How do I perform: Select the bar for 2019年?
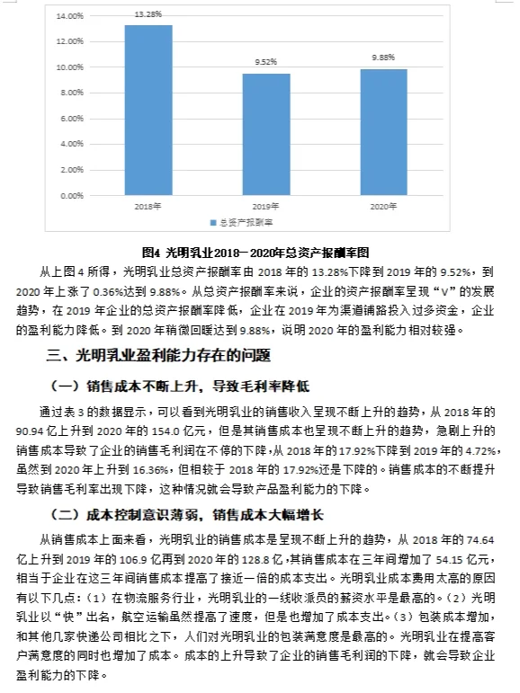tap(265, 134)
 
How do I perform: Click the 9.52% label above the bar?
tap(265, 63)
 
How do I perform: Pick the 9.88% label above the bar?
tap(384, 58)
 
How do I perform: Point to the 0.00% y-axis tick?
tap(71, 195)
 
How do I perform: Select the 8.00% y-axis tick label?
tap(71, 93)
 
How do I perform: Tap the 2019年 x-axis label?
tap(266, 206)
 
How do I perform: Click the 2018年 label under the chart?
tap(148, 206)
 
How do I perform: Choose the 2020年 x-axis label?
tap(383, 206)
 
